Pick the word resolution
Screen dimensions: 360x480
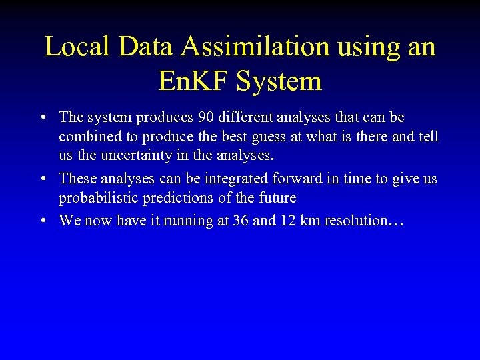355,221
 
